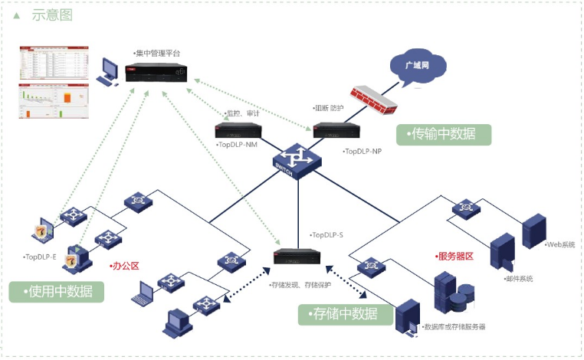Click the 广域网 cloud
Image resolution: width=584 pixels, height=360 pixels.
click(x=419, y=65)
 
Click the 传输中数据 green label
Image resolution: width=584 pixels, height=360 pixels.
click(x=444, y=134)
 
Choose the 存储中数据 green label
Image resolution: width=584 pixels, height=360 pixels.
click(x=346, y=313)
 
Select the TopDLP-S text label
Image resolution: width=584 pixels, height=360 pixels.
click(x=327, y=234)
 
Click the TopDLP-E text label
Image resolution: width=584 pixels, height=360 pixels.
click(x=41, y=257)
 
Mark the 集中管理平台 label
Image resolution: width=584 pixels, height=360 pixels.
click(x=157, y=54)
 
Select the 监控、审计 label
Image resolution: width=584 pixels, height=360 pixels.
click(x=243, y=113)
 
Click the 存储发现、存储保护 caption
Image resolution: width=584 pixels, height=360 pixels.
click(x=298, y=284)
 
